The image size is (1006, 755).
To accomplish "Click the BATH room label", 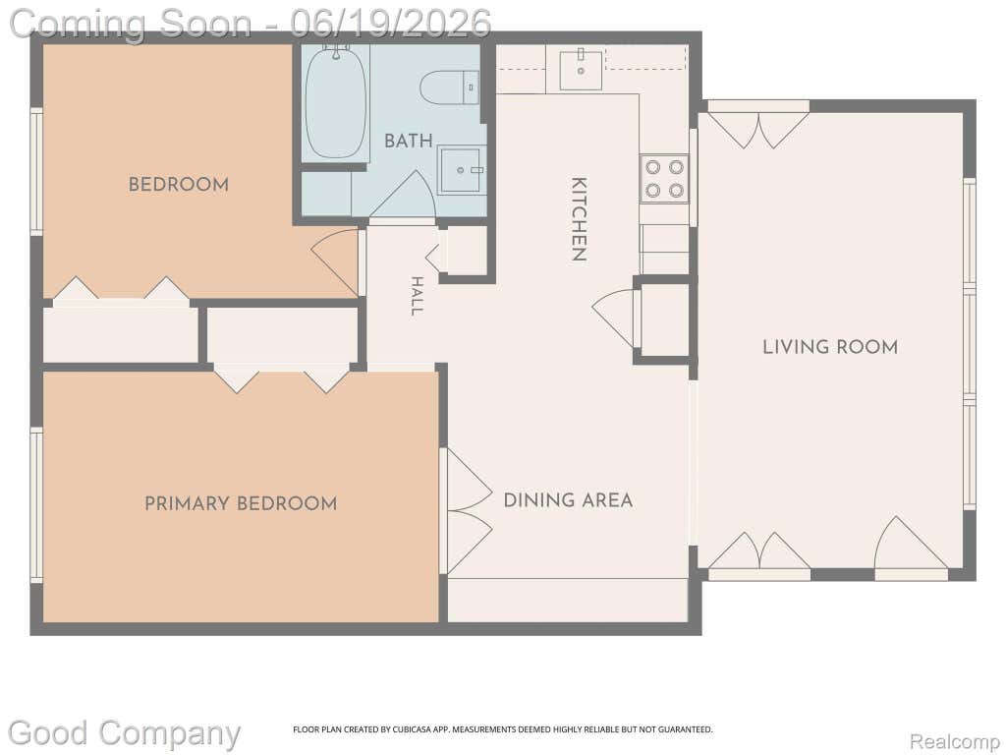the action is click(408, 141).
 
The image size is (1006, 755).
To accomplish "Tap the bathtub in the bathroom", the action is click(336, 101).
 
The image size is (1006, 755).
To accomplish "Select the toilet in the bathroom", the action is click(450, 87).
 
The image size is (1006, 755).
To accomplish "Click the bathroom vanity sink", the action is click(461, 170).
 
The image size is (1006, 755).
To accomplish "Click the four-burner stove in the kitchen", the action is click(664, 179).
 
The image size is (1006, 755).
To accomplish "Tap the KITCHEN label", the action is click(579, 219).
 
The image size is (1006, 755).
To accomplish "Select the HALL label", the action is click(417, 296).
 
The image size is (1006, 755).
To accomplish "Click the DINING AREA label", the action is click(568, 500).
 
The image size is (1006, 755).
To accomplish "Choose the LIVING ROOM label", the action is click(830, 347).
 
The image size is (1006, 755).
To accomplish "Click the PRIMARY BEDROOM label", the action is click(241, 503).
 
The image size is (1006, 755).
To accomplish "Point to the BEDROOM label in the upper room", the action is click(179, 185).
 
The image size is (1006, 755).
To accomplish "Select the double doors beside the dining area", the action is click(467, 511).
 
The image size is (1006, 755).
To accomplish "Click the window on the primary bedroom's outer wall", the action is click(36, 505).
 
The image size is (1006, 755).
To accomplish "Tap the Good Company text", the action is click(124, 733).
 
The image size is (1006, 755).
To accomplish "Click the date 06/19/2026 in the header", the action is click(390, 24).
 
